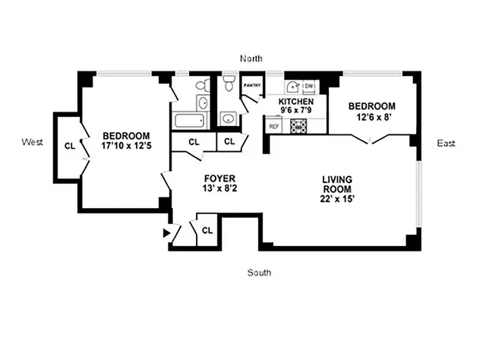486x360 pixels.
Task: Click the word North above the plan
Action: tap(251, 58)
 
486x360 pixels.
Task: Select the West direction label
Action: tap(32, 142)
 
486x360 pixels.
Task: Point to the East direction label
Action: tap(446, 143)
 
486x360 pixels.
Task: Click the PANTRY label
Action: tap(251, 86)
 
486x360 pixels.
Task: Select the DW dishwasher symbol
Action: tap(309, 87)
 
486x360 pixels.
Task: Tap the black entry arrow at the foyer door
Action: tap(167, 233)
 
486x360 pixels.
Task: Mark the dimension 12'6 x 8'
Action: tap(371, 117)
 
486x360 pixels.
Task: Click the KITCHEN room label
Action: tap(296, 101)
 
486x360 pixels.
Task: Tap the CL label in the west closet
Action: tap(68, 146)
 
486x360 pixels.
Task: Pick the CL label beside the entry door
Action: tap(207, 228)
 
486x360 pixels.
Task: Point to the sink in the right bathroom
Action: tap(228, 118)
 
